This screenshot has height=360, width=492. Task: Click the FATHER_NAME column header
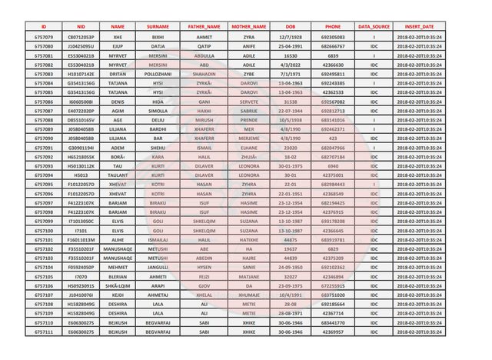coord(204,27)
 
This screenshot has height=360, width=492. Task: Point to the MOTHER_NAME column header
coord(248,27)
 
